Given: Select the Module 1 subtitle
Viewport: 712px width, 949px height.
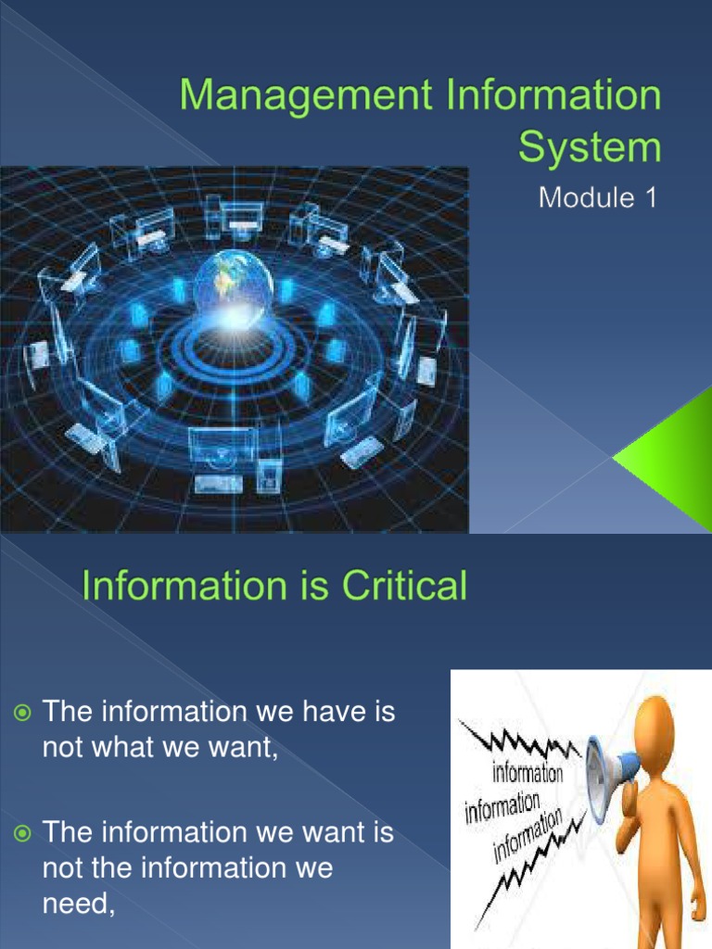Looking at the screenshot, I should (601, 199).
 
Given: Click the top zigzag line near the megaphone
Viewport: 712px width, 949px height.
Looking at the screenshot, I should (524, 742).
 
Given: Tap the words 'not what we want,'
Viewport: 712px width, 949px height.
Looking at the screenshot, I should (160, 748).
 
